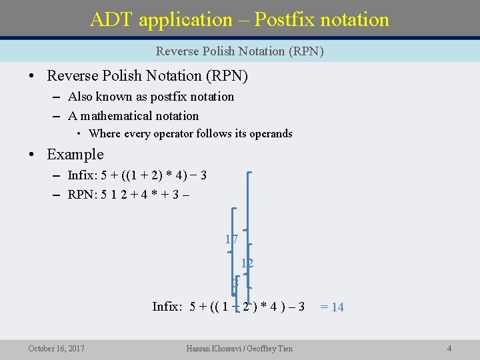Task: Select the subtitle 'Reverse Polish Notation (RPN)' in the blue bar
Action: click(x=239, y=51)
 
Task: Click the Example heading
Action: click(x=75, y=154)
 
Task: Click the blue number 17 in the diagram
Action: click(x=231, y=239)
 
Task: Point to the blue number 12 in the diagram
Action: click(x=247, y=263)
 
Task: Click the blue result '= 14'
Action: click(x=332, y=307)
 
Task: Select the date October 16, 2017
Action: click(x=56, y=348)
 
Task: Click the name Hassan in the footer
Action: click(x=201, y=348)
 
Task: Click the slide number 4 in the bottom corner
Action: click(x=449, y=348)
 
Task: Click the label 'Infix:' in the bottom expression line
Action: click(x=167, y=307)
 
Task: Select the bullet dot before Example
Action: click(x=31, y=155)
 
